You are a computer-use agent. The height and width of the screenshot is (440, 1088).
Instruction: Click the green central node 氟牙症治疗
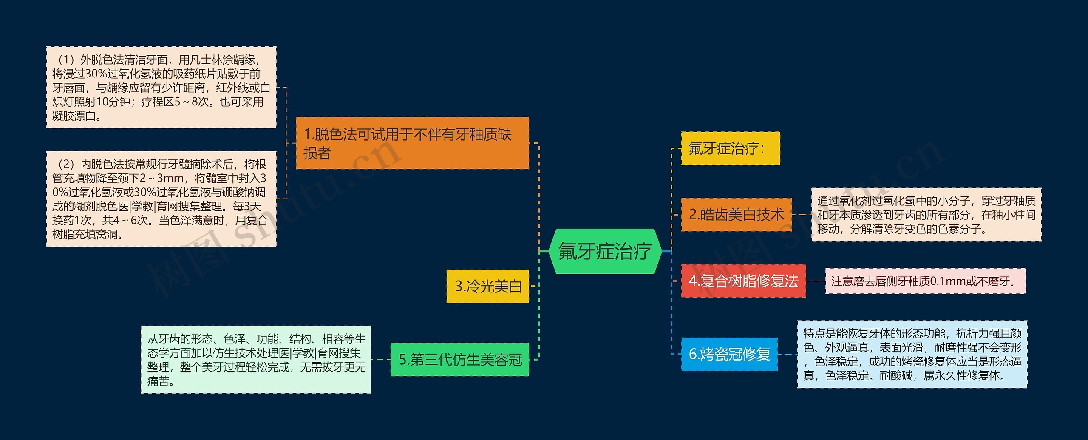pyautogui.click(x=605, y=251)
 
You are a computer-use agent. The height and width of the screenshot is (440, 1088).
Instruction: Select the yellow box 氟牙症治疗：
pyautogui.click(x=730, y=148)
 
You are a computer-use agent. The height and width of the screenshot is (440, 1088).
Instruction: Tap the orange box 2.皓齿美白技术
pyautogui.click(x=736, y=215)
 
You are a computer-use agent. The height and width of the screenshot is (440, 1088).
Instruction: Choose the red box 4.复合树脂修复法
pyautogui.click(x=743, y=281)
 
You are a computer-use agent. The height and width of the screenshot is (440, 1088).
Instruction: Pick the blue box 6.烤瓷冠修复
pyautogui.click(x=729, y=354)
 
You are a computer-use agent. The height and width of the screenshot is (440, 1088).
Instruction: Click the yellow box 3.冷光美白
pyautogui.click(x=488, y=286)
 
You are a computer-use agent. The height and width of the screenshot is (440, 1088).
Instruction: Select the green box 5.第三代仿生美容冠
pyautogui.click(x=460, y=360)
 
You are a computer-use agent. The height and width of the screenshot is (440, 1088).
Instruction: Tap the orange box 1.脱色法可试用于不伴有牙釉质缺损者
pyautogui.click(x=412, y=143)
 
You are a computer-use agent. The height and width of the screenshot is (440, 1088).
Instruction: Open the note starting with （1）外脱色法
pyautogui.click(x=161, y=88)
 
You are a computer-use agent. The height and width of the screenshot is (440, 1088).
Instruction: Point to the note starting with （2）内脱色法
pyautogui.click(x=161, y=199)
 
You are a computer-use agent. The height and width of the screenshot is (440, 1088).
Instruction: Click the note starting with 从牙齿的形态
pyautogui.click(x=256, y=360)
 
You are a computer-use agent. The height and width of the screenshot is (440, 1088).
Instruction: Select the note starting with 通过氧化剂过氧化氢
pyautogui.click(x=926, y=215)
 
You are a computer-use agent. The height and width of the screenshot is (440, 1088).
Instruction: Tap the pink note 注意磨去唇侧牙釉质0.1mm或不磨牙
pyautogui.click(x=925, y=281)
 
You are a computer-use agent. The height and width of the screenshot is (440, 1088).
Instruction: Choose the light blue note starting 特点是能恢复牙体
pyautogui.click(x=912, y=355)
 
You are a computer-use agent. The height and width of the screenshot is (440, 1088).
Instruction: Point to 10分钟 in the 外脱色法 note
pyautogui.click(x=113, y=102)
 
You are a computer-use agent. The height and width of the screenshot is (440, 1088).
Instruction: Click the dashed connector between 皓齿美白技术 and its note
pyautogui.click(x=802, y=215)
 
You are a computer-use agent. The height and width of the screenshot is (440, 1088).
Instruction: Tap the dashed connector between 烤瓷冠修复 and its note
pyautogui.click(x=788, y=354)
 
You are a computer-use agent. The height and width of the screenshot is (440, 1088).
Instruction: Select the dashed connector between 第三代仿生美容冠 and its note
pyautogui.click(x=380, y=360)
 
